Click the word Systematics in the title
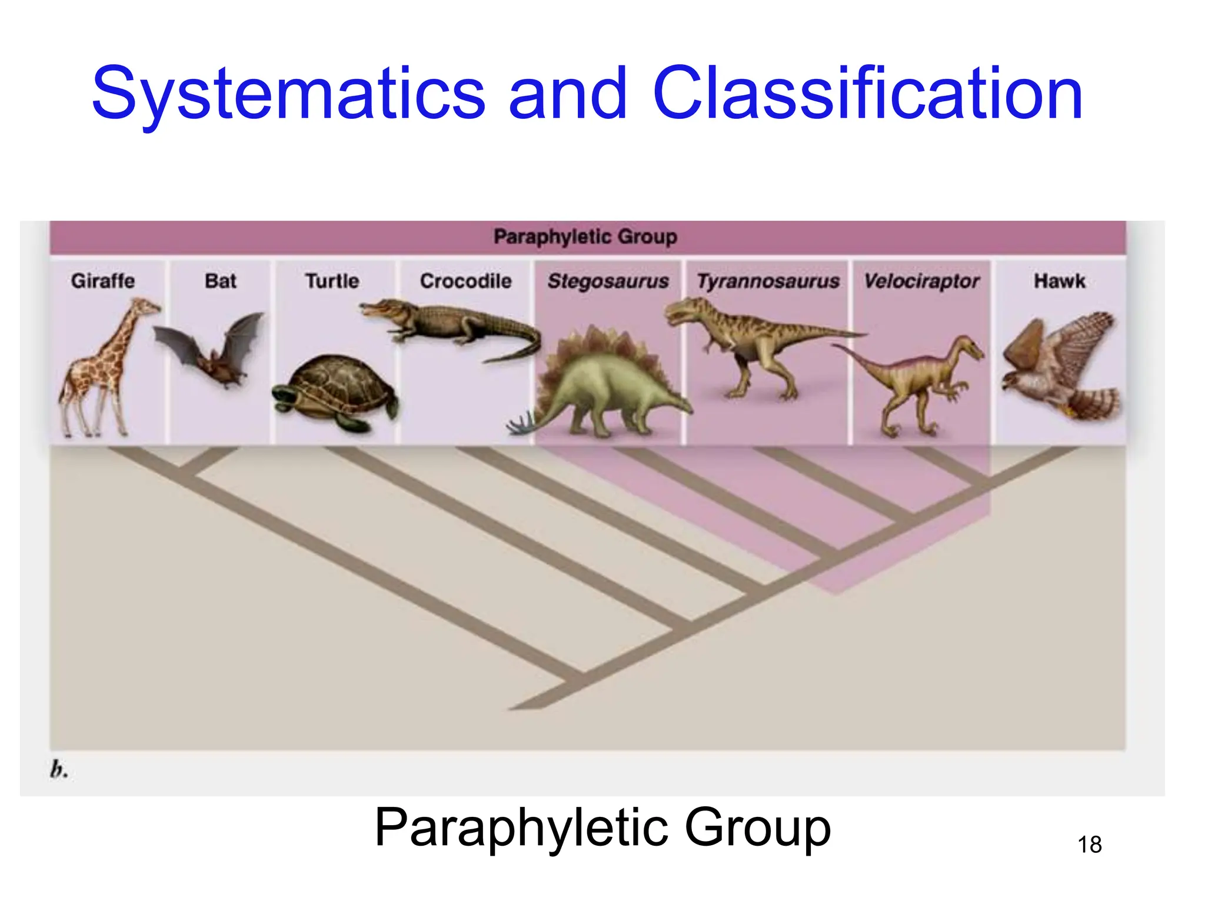click(288, 94)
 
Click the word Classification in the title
click(867, 94)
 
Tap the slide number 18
click(1089, 845)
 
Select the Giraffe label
click(103, 281)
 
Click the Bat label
click(221, 281)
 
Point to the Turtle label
click(332, 281)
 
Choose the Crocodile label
click(465, 281)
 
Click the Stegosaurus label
click(608, 281)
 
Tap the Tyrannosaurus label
click(768, 281)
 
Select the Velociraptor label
click(921, 281)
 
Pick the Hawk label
click(1060, 281)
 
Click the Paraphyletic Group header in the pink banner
click(585, 237)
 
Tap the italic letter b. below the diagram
click(59, 770)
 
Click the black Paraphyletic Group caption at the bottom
click(602, 827)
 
